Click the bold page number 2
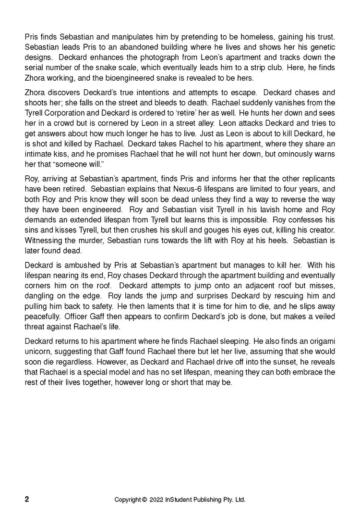tap(27, 499)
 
